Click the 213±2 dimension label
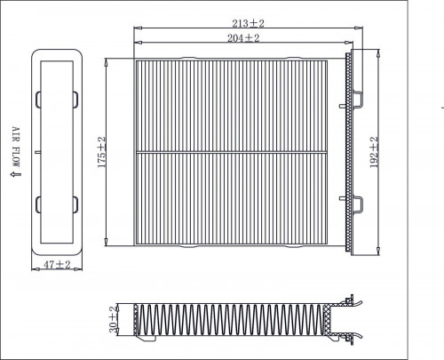click(x=248, y=23)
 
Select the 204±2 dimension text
click(x=243, y=38)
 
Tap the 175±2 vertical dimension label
click(x=101, y=152)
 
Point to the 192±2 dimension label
click(x=374, y=152)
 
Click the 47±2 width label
click(x=57, y=264)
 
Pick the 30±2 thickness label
click(x=114, y=319)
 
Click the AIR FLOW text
click(x=16, y=147)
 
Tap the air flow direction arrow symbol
click(x=16, y=174)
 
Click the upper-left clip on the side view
click(x=38, y=100)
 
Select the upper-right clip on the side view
click(x=75, y=100)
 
